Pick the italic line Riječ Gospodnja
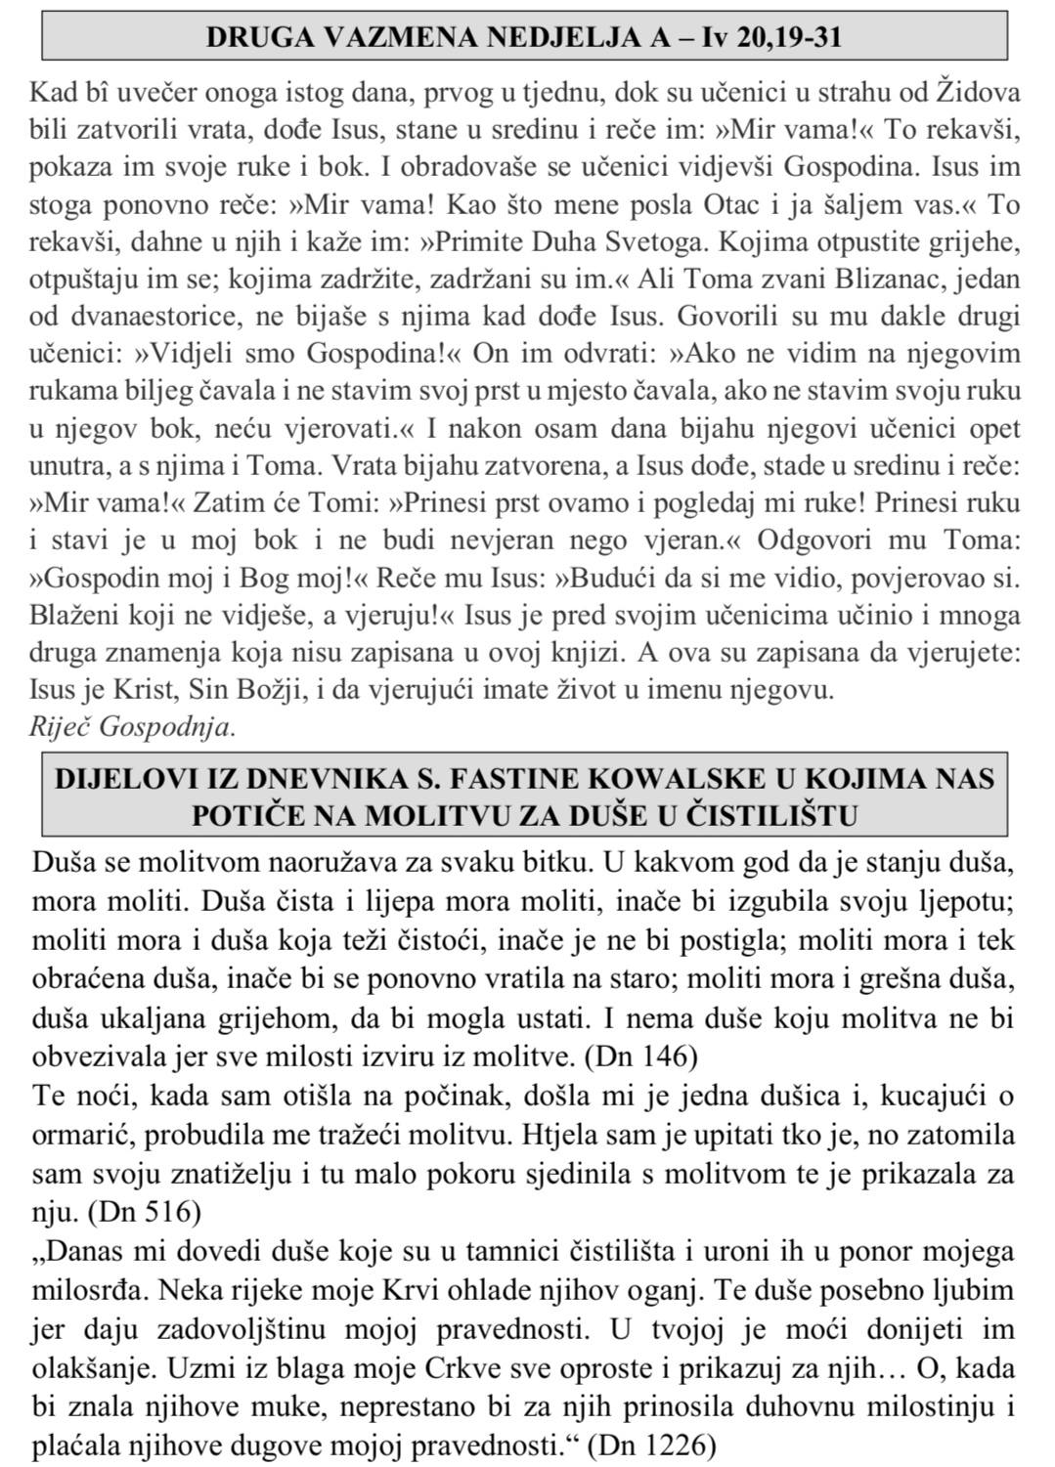point(133,725)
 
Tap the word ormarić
point(78,1137)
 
